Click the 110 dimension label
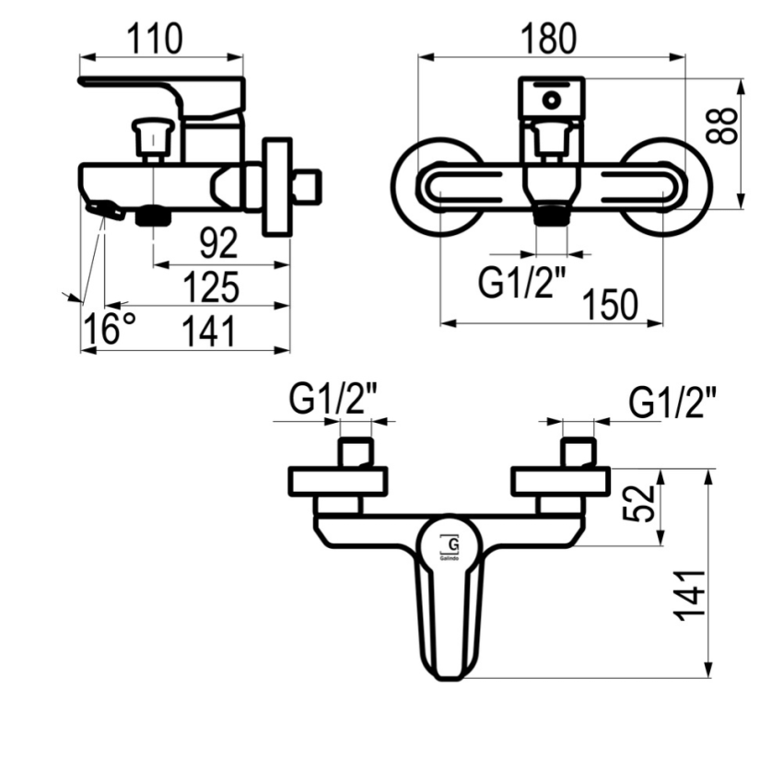pyautogui.click(x=155, y=39)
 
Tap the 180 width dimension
pyautogui.click(x=548, y=39)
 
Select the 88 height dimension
pyautogui.click(x=722, y=125)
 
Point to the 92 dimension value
pyautogui.click(x=218, y=243)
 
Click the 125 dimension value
pyautogui.click(x=211, y=287)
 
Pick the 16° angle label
pyautogui.click(x=109, y=329)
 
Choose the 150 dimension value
pyautogui.click(x=610, y=304)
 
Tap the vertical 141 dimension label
pyautogui.click(x=690, y=595)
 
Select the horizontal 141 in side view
pyautogui.click(x=208, y=331)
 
